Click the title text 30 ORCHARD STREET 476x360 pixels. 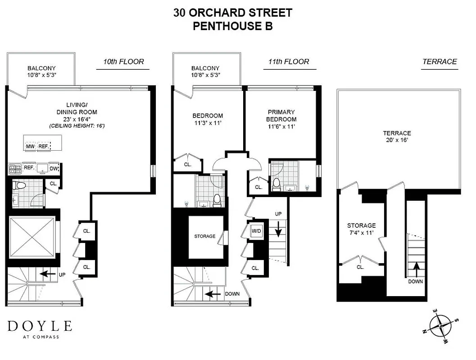tap(232, 13)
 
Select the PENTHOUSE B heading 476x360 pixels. tap(232, 26)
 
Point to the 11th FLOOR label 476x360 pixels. tap(289, 62)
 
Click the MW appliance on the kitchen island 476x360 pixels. tap(31, 147)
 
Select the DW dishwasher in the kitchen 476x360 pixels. tap(54, 168)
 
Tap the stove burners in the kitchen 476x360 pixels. tap(15, 169)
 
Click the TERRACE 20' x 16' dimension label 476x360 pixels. tap(397, 136)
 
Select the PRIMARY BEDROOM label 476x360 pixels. tap(281, 116)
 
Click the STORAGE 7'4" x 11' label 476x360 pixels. tap(361, 229)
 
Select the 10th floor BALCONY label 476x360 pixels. tap(41, 72)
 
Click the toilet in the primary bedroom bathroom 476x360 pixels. tap(277, 185)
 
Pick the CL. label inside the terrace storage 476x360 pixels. tap(360, 267)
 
